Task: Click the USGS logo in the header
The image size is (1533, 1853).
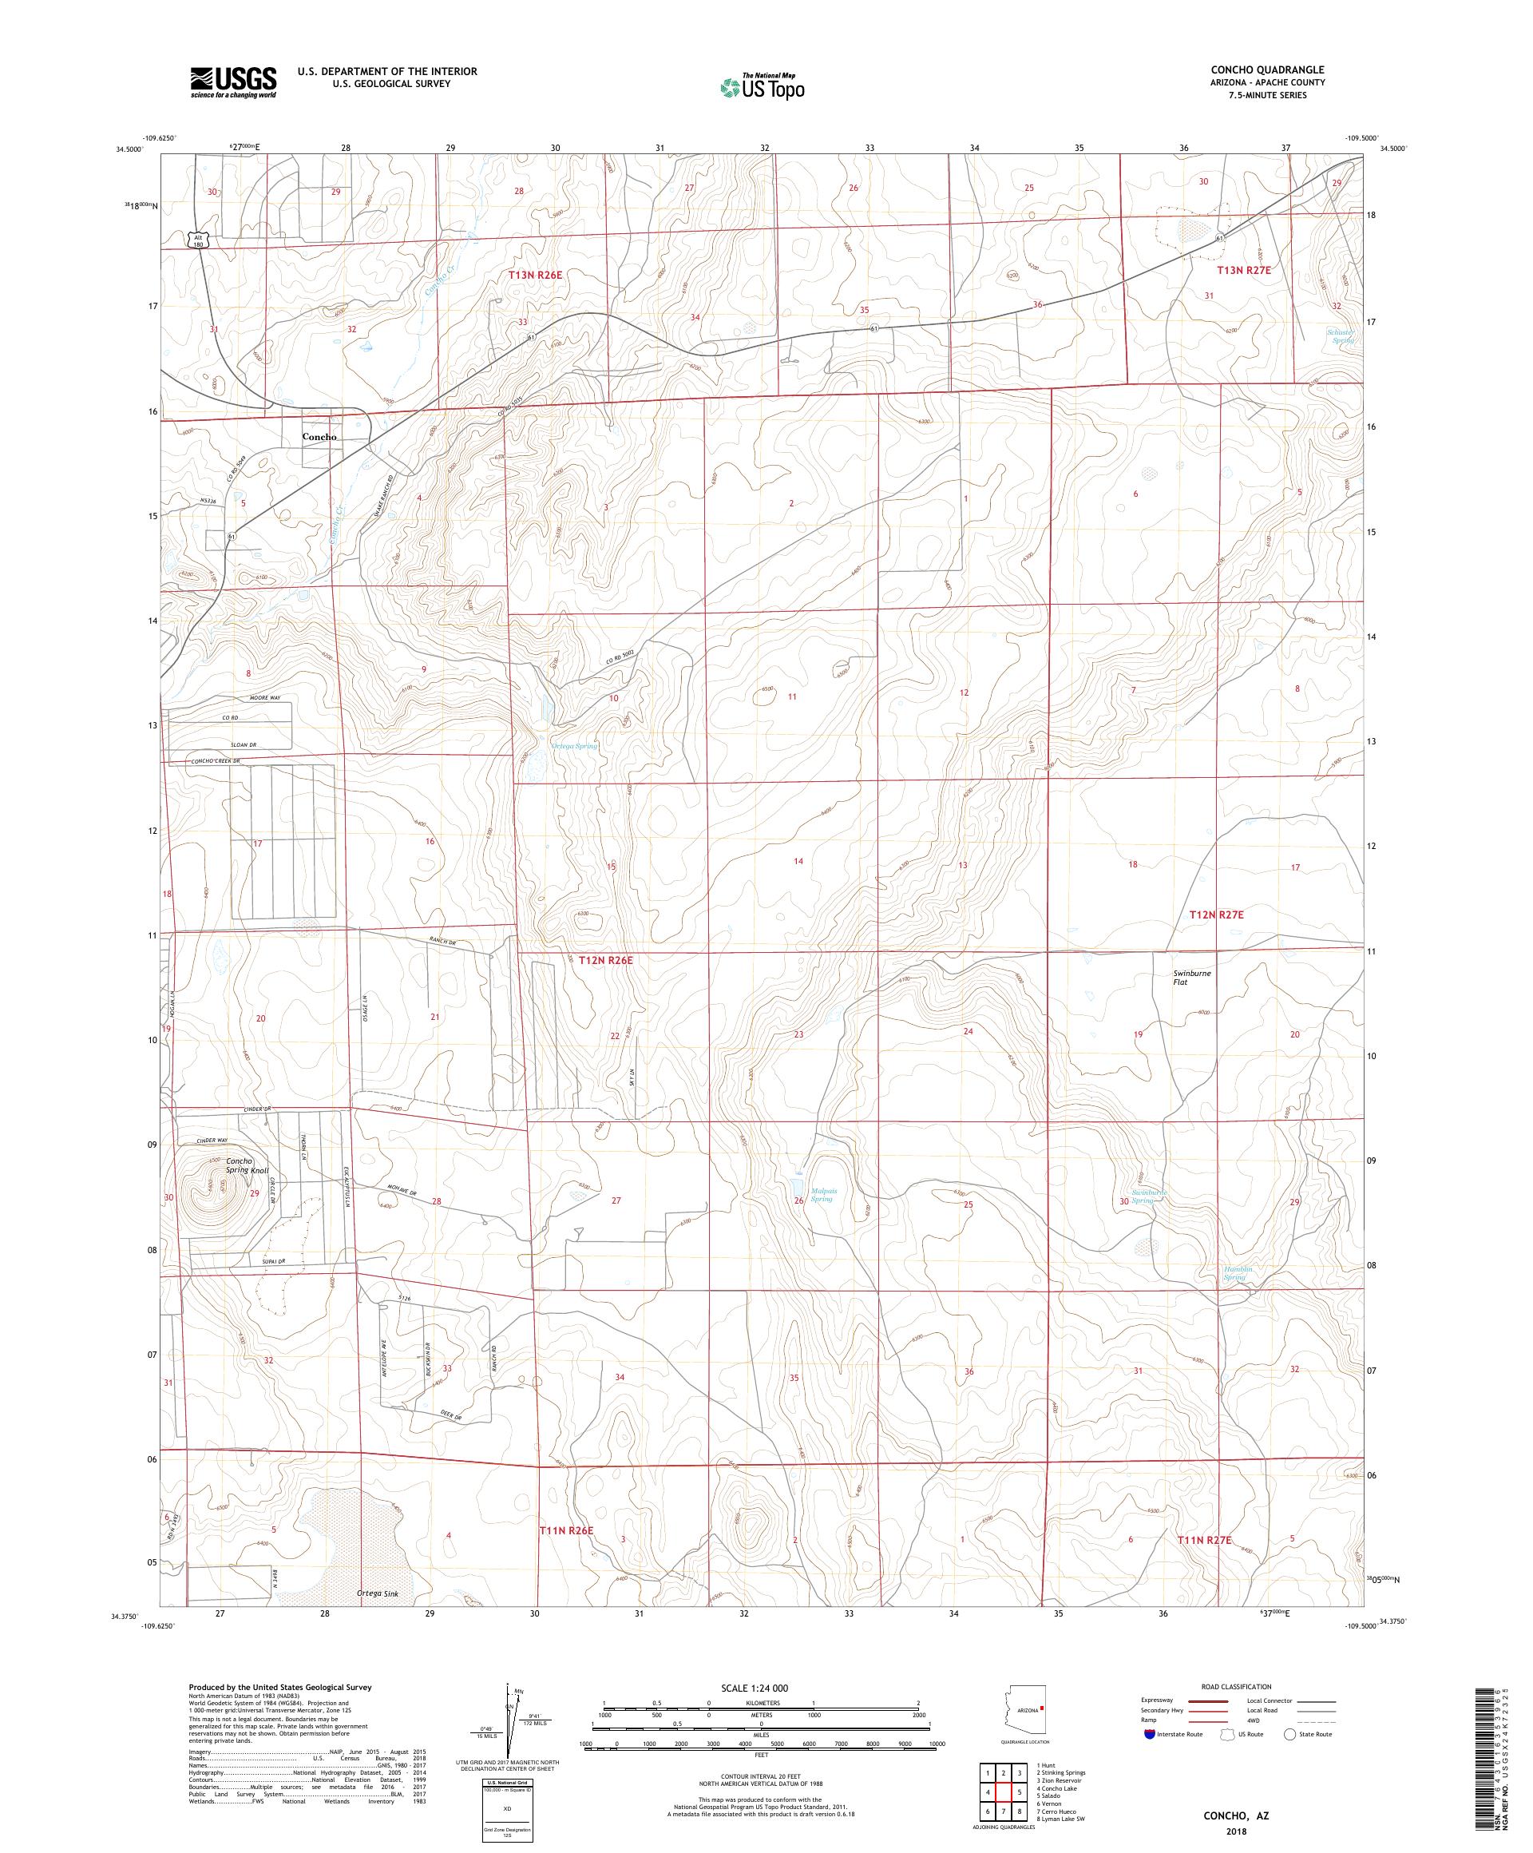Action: [x=233, y=82]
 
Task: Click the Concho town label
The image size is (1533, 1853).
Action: [x=319, y=437]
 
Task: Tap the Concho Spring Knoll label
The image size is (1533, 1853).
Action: [x=247, y=1165]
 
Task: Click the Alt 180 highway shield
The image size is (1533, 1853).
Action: [x=197, y=240]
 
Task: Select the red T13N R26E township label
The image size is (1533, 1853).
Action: [x=536, y=276]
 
